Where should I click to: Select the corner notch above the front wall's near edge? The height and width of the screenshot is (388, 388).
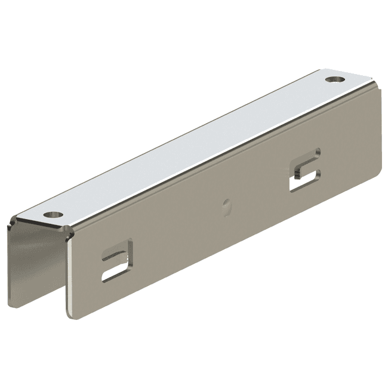pyautogui.click(x=70, y=234)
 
